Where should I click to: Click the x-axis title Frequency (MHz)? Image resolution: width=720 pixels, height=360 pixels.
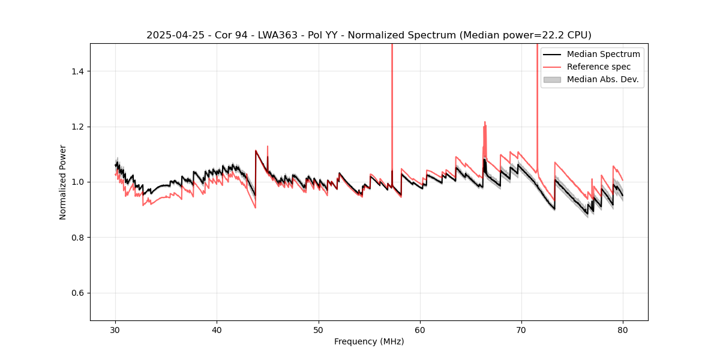pyautogui.click(x=369, y=341)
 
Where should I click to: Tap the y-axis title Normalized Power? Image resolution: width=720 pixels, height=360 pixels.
pyautogui.click(x=63, y=182)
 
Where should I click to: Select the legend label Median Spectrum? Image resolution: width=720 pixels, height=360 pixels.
pyautogui.click(x=603, y=54)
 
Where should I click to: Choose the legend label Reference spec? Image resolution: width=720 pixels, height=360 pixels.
pyautogui.click(x=599, y=67)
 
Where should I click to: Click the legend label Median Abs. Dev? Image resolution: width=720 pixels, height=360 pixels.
pyautogui.click(x=602, y=79)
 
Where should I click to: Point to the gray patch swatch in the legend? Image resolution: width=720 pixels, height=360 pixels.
pyautogui.click(x=552, y=79)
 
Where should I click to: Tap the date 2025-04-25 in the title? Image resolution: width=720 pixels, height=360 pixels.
pyautogui.click(x=174, y=35)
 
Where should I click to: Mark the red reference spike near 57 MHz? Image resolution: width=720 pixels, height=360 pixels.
pyautogui.click(x=392, y=90)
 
